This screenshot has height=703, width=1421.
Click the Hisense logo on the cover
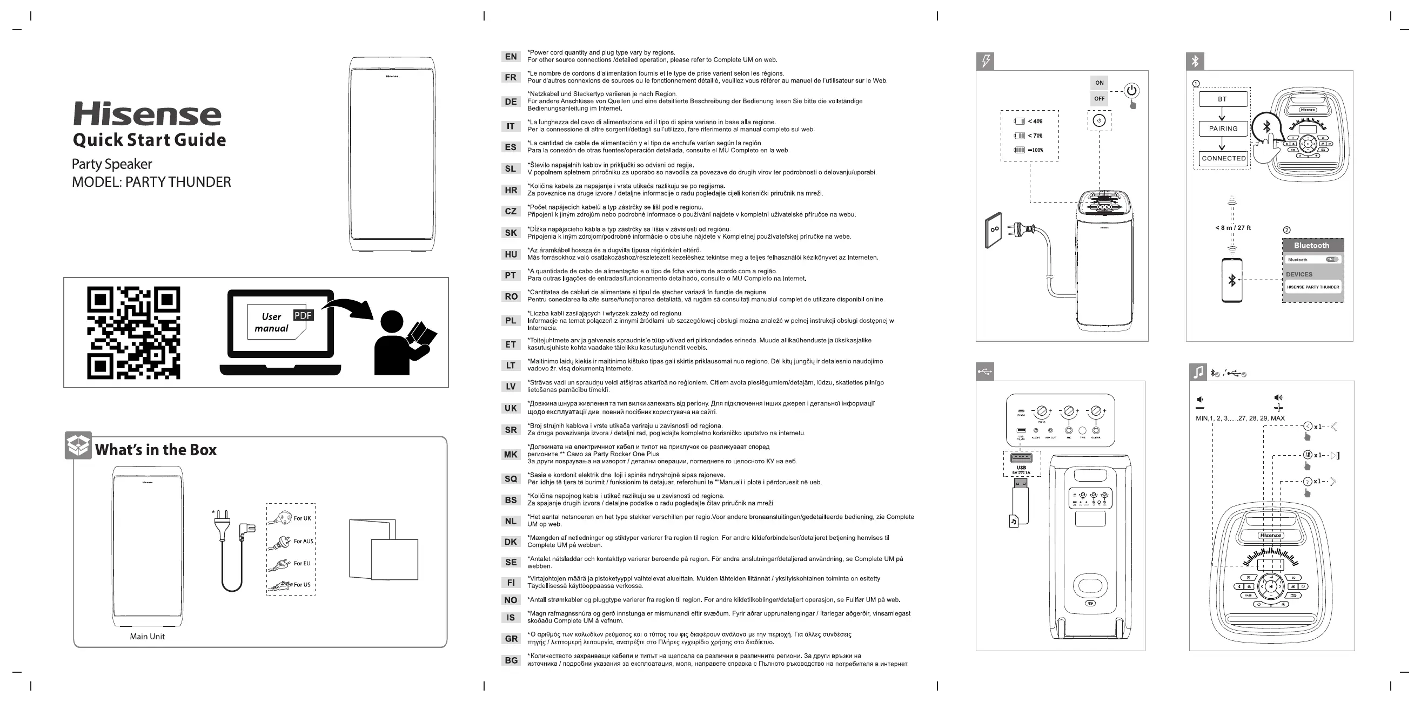[x=148, y=114]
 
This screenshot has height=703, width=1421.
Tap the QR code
[x=133, y=333]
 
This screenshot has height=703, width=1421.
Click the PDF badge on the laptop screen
[x=303, y=315]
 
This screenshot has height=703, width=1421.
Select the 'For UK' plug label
[x=302, y=518]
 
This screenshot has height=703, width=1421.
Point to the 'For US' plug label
[x=301, y=585]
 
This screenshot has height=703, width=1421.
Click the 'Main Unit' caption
[x=148, y=636]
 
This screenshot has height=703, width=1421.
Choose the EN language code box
[x=511, y=56]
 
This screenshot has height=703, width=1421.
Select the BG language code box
[x=511, y=660]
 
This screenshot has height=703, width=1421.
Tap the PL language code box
[x=511, y=320]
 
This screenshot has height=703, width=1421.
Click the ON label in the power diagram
[x=1100, y=83]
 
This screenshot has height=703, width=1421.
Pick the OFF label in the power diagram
[x=1100, y=99]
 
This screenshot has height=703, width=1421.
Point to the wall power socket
[x=994, y=231]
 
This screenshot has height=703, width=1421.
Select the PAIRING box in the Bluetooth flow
[x=1223, y=129]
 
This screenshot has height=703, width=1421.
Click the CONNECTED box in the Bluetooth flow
[x=1223, y=158]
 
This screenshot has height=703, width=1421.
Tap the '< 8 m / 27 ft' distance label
[x=1233, y=228]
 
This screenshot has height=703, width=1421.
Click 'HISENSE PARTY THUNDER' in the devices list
[x=1313, y=287]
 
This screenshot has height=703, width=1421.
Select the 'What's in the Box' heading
[x=156, y=450]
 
